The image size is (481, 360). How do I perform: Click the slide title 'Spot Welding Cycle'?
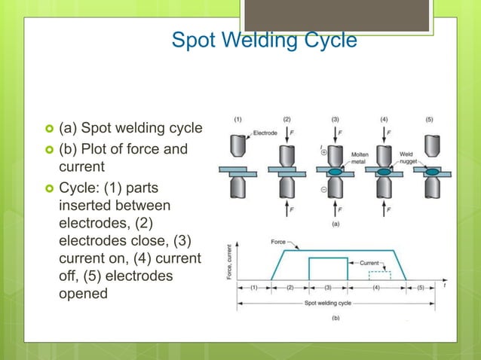(264, 39)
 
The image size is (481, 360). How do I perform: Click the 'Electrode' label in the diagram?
(265, 133)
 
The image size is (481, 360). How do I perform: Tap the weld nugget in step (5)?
(433, 172)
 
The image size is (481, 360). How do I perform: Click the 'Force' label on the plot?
(278, 242)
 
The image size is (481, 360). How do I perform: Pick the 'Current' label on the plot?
(369, 262)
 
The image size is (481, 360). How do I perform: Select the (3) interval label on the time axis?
(328, 288)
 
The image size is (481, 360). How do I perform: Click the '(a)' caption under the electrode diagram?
(335, 224)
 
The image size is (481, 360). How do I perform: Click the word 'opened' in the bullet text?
(83, 293)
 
